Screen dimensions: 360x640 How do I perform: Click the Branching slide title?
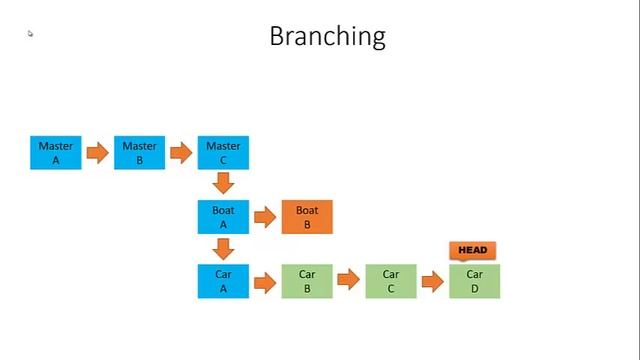tap(327, 37)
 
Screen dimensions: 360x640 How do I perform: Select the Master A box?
tap(56, 153)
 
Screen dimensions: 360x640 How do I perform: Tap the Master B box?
tap(139, 153)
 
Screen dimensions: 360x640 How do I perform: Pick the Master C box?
tap(223, 153)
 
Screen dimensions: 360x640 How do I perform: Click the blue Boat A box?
tap(223, 217)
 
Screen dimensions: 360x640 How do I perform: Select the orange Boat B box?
tap(307, 217)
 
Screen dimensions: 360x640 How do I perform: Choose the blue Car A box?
tap(223, 281)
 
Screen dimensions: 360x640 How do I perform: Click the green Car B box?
tap(307, 281)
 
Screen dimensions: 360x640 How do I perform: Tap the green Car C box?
tap(391, 281)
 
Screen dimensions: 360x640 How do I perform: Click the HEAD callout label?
tap(474, 250)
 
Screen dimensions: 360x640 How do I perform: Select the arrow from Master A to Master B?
tap(97, 153)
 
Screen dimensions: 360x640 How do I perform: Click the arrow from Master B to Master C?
tap(181, 153)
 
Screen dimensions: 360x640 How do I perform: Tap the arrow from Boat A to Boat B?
tap(265, 217)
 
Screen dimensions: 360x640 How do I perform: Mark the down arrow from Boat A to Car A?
tap(223, 248)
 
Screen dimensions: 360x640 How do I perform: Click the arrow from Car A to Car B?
tap(265, 281)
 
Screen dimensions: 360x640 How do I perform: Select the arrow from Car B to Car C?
tap(348, 281)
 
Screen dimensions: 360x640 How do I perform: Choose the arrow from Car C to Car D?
tap(432, 281)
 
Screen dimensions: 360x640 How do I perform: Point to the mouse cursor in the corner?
tap(30, 34)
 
